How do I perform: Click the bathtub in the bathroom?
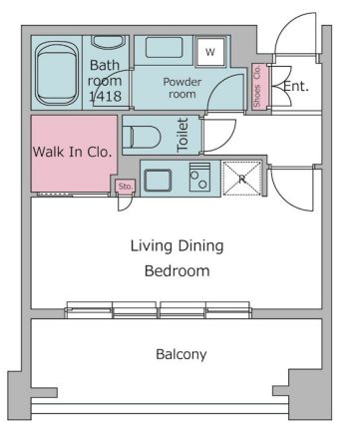coord(57,73)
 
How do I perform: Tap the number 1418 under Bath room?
coord(105,97)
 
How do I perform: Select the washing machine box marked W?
coord(210,52)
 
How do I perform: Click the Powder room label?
coord(182,88)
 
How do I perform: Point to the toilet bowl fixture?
coord(142,137)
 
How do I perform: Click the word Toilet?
coord(183,135)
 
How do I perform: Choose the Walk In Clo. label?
coord(72,152)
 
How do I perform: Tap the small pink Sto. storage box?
coord(126,187)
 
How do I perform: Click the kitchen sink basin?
coord(158,180)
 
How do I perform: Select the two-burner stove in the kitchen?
coord(199,177)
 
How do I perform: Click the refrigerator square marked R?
coord(242,179)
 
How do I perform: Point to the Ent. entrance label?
coord(296,87)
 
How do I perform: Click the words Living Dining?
coord(177,246)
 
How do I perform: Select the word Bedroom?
coord(178,271)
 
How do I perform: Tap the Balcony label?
coord(181,354)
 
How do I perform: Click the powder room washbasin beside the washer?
coord(165,48)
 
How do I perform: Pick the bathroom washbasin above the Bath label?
coord(107,42)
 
